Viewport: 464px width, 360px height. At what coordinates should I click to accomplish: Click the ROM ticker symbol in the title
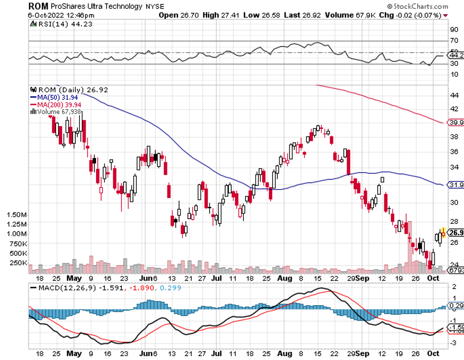click(37, 5)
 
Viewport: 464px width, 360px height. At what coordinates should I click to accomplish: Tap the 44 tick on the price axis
click(454, 95)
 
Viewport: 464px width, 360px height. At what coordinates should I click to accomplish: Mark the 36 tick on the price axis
click(454, 151)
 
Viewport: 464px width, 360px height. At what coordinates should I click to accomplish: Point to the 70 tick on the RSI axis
click(454, 41)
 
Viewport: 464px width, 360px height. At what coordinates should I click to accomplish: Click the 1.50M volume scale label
click(14, 215)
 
